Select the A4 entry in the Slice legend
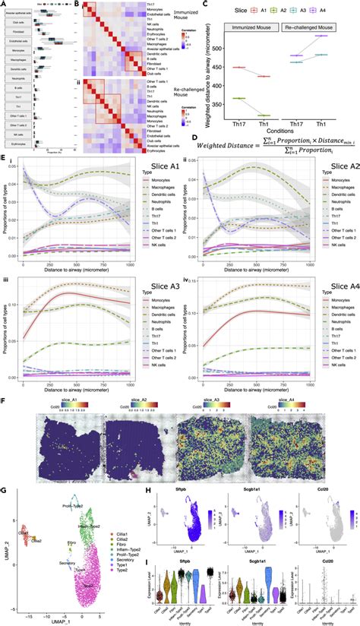(345, 13)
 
